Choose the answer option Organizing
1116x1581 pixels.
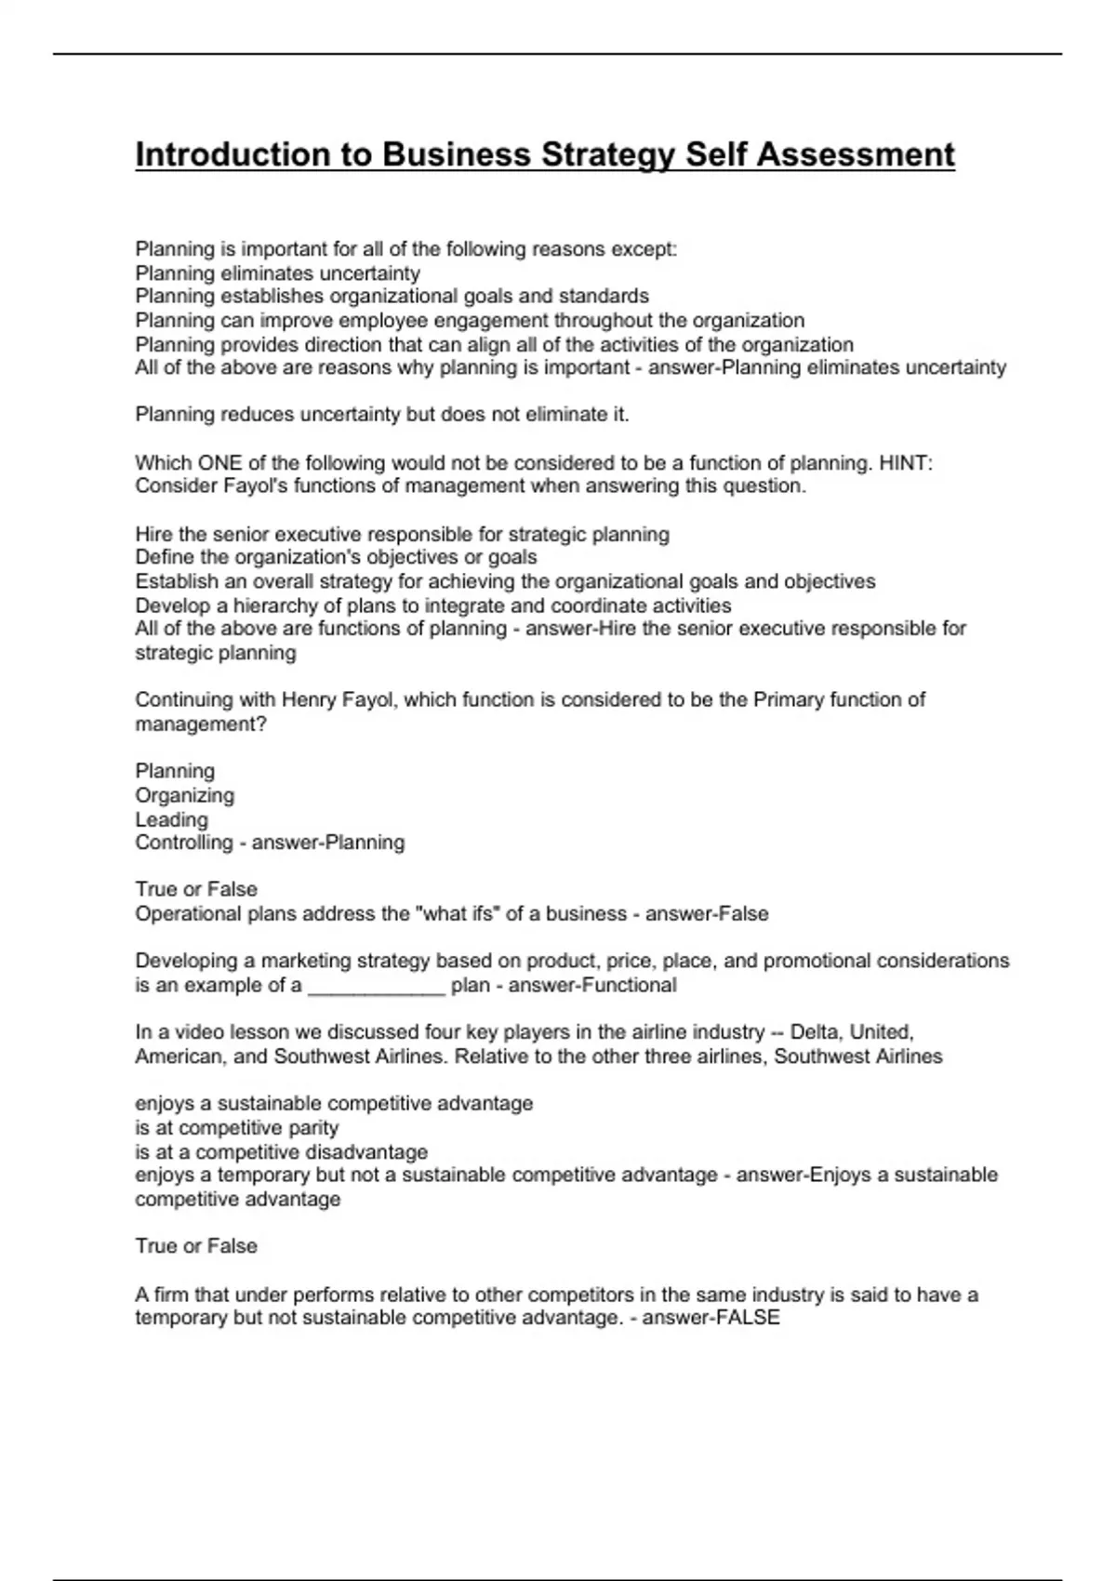tap(184, 795)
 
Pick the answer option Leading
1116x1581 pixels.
tap(171, 819)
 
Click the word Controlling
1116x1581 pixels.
tap(183, 843)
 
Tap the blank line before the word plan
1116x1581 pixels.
tap(377, 986)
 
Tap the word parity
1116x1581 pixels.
tap(313, 1128)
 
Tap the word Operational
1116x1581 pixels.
tap(188, 914)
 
